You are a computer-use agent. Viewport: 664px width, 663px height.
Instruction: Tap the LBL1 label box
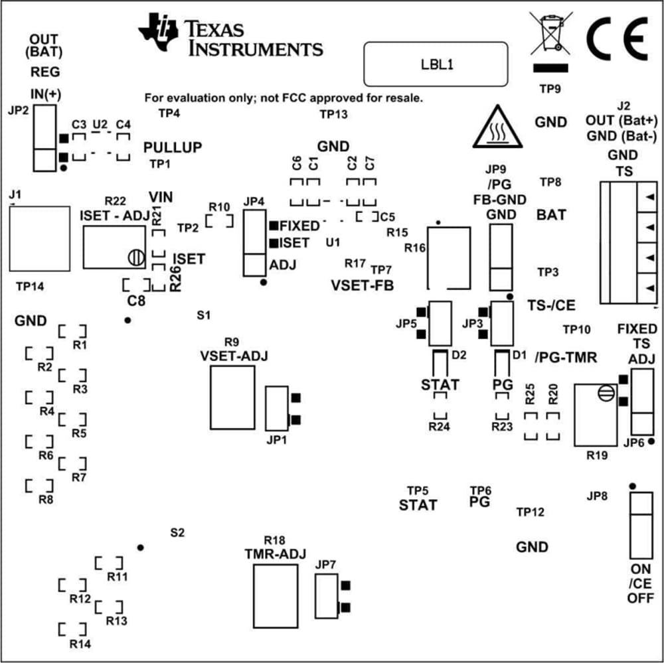click(436, 64)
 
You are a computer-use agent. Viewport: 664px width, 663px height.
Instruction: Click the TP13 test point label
click(333, 114)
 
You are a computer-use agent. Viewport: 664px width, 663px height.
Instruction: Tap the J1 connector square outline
click(39, 238)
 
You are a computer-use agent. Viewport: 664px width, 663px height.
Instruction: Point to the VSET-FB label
click(362, 286)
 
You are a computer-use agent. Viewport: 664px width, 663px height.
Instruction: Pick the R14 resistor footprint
click(72, 628)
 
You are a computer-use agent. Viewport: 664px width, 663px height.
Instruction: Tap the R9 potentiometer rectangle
click(232, 396)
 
